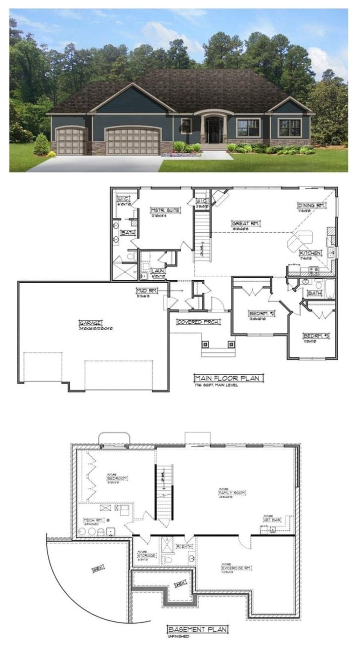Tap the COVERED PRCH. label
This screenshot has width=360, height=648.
click(198, 322)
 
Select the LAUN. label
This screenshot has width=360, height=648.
click(158, 271)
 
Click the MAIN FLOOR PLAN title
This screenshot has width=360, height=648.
click(228, 378)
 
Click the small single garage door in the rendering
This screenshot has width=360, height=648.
click(71, 141)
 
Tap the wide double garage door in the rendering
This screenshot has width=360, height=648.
click(133, 141)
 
